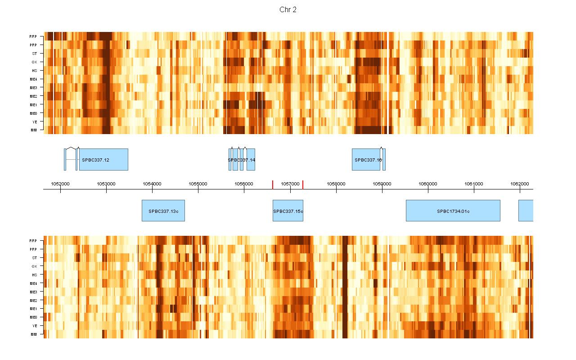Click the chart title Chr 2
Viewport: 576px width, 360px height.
point(288,10)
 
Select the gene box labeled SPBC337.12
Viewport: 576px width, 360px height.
point(103,160)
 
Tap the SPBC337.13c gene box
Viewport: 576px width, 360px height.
point(163,211)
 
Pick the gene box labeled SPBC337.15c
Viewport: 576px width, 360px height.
point(288,211)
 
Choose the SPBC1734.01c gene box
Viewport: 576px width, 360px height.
point(453,211)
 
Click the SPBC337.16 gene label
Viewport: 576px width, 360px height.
point(368,160)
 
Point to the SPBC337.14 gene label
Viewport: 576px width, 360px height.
point(242,160)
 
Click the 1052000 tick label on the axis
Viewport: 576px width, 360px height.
point(60,184)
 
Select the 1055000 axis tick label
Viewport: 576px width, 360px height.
point(198,184)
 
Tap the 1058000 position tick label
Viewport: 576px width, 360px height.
point(336,184)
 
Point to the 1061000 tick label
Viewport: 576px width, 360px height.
point(474,184)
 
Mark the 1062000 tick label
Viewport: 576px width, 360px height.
point(520,184)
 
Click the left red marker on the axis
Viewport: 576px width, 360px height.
point(273,184)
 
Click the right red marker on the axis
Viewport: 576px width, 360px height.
point(303,184)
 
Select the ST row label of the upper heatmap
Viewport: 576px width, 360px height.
point(35,54)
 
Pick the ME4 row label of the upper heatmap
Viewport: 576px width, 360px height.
point(34,79)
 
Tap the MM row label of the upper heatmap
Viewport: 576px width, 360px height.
point(34,130)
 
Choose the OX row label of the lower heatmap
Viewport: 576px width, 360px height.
point(34,266)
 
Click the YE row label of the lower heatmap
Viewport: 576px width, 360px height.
point(35,326)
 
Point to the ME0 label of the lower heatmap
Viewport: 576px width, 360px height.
point(34,317)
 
